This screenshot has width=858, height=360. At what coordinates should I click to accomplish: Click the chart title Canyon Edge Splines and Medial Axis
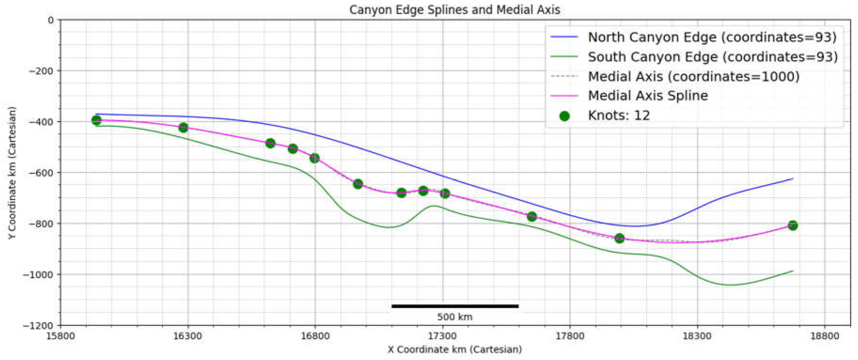pyautogui.click(x=455, y=10)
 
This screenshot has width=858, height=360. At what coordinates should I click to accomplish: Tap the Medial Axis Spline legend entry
pyautogui.click(x=648, y=96)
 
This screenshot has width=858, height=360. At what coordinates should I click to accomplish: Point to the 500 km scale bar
pyautogui.click(x=455, y=306)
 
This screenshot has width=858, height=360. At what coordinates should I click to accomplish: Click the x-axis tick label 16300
pyautogui.click(x=187, y=336)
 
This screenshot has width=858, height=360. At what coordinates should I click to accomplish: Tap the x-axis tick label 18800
pyautogui.click(x=825, y=336)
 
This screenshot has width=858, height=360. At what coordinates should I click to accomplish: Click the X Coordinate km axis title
pyautogui.click(x=455, y=349)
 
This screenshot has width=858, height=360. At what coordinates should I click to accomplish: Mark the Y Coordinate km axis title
pyautogui.click(x=12, y=173)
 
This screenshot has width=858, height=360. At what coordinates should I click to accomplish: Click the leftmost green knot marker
pyautogui.click(x=96, y=120)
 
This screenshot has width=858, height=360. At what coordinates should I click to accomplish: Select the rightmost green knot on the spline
pyautogui.click(x=793, y=225)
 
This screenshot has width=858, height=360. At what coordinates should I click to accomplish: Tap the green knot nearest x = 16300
pyautogui.click(x=183, y=128)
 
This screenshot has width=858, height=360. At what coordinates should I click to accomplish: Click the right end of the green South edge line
pyautogui.click(x=793, y=271)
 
